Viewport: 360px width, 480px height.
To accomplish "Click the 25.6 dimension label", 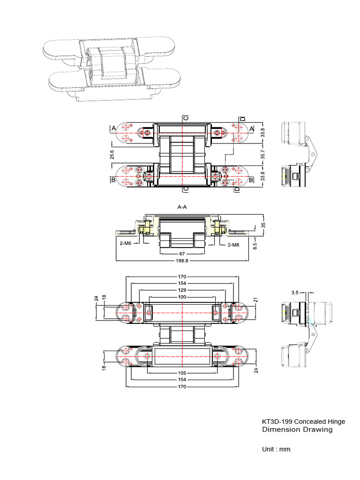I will tap(112, 155).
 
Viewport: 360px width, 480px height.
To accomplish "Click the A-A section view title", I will tap(183, 206).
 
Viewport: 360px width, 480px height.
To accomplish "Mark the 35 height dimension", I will tap(263, 225).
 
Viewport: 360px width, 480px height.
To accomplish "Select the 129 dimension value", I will tap(181, 290).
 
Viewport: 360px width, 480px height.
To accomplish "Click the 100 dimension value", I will tap(181, 297).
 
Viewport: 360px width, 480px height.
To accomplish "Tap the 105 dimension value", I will tap(181, 372).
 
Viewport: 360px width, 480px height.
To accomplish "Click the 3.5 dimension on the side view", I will tap(295, 292).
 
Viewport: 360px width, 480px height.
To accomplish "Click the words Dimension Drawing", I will tap(297, 429).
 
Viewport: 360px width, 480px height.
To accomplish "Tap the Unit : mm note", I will tap(276, 449).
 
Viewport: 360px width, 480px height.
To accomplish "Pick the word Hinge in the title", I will tap(336, 421).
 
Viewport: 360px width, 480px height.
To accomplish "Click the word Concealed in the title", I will tap(310, 421).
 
